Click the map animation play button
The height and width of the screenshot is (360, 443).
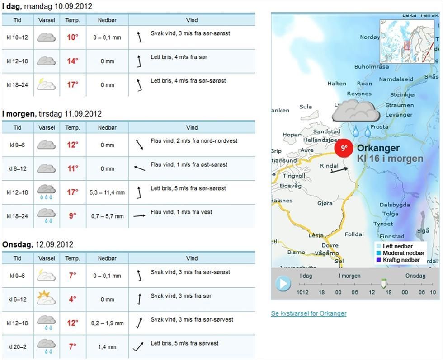click(283, 284)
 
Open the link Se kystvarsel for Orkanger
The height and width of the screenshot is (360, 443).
click(309, 313)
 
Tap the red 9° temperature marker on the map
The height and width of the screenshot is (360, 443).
click(344, 148)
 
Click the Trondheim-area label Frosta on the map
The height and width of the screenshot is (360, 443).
click(379, 127)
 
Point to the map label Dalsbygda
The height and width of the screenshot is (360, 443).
click(395, 205)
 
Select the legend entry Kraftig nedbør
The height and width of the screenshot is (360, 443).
click(401, 260)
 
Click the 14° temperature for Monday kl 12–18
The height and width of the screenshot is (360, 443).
click(73, 61)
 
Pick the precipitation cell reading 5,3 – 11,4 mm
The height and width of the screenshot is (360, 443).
click(107, 192)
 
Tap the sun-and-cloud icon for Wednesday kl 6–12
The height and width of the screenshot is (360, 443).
click(46, 299)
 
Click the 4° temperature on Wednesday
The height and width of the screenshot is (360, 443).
click(73, 299)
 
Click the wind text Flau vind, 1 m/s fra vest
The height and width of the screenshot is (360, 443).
click(181, 212)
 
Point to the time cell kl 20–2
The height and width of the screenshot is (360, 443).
click(18, 347)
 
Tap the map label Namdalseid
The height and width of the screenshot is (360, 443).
click(396, 79)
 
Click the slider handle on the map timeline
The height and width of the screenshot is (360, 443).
click(383, 283)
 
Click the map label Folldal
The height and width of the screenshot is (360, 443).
click(354, 234)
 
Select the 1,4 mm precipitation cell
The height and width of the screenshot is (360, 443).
click(107, 347)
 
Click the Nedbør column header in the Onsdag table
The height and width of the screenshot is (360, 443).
click(107, 258)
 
